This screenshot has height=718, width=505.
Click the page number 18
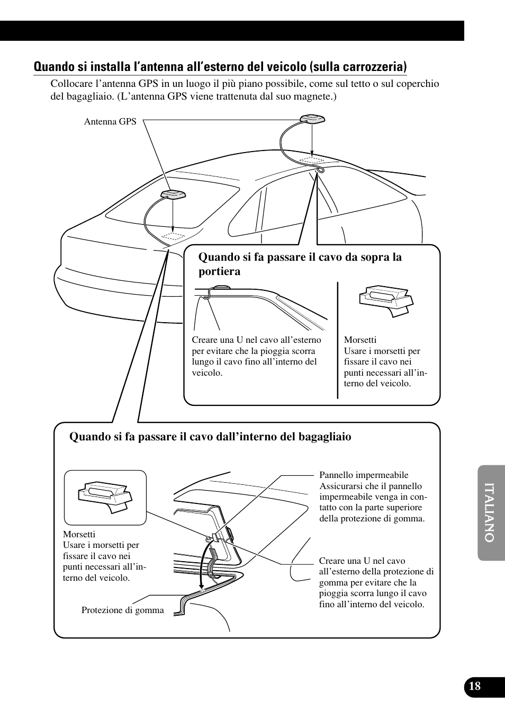click(474, 686)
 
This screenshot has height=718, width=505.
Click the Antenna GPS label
click(110, 122)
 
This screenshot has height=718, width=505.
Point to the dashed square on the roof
click(312, 160)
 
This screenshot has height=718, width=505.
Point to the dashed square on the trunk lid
click(173, 236)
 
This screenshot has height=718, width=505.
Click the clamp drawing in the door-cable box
click(386, 300)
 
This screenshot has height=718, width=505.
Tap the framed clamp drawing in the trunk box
click(105, 497)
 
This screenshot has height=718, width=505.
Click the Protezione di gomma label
click(122, 610)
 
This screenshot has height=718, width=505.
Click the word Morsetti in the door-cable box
click(360, 340)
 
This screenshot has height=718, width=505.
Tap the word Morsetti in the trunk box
click(79, 534)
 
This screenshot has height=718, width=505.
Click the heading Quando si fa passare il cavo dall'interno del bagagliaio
click(210, 437)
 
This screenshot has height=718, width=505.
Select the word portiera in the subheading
click(219, 272)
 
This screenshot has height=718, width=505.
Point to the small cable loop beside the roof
click(321, 170)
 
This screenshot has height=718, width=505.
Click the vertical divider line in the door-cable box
click(338, 340)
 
